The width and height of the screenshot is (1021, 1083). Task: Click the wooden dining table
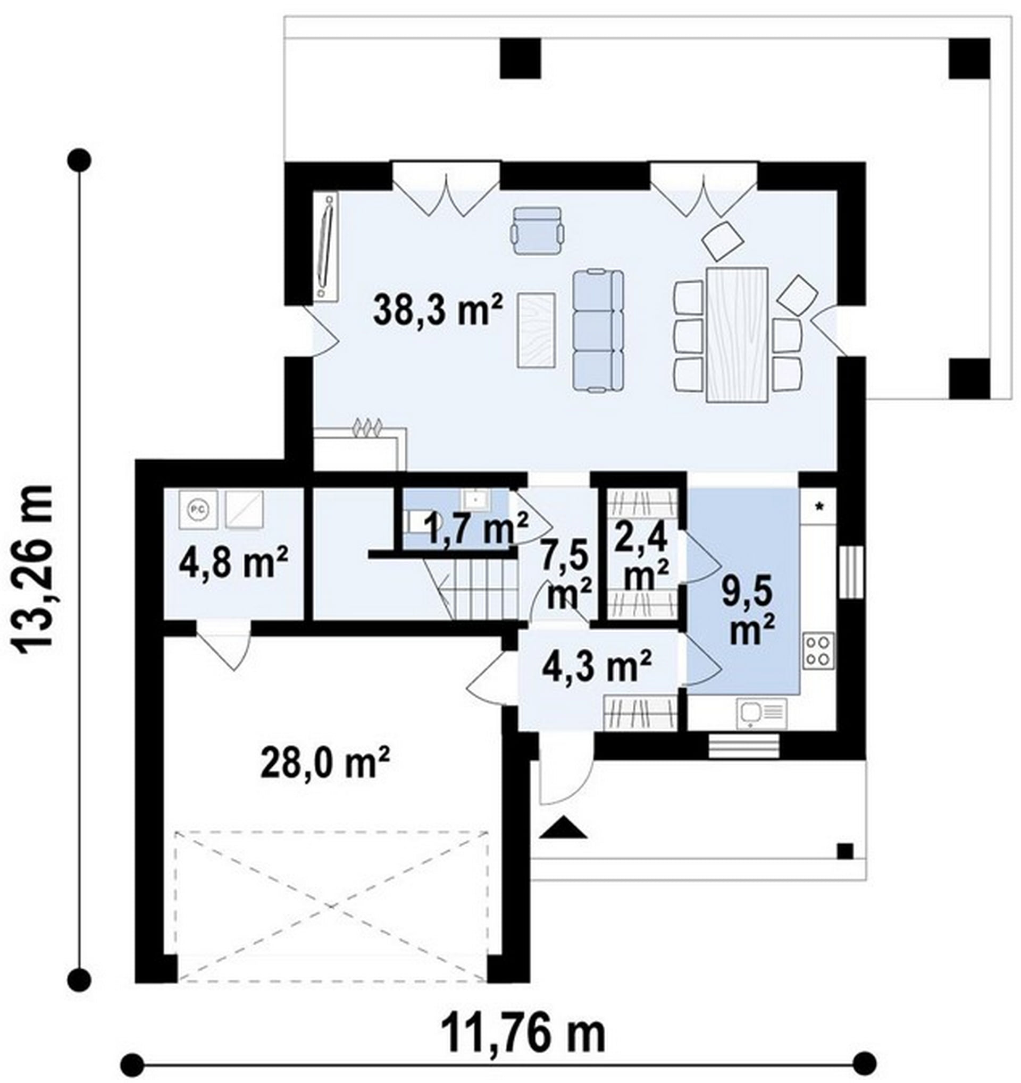(x=737, y=334)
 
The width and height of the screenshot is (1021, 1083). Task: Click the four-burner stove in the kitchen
(x=818, y=650)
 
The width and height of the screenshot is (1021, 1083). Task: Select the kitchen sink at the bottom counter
(x=761, y=714)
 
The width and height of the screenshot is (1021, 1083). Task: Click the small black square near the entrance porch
(x=845, y=851)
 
